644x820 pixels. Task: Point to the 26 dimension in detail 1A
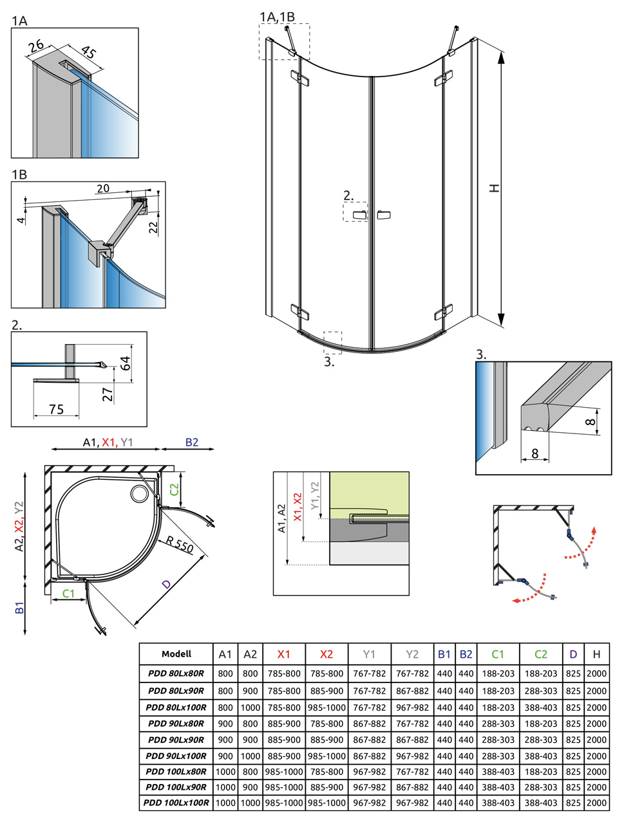click(x=37, y=45)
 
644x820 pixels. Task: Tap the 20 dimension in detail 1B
click(x=103, y=188)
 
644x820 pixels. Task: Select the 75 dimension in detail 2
click(x=56, y=409)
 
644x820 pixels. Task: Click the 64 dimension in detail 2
click(x=126, y=363)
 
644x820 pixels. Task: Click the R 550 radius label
click(x=180, y=544)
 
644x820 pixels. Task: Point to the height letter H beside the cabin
click(x=494, y=188)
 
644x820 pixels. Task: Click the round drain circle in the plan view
click(x=139, y=494)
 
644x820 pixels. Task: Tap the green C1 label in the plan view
click(x=68, y=594)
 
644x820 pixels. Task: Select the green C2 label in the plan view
click(x=174, y=489)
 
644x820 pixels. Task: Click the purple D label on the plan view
click(x=166, y=584)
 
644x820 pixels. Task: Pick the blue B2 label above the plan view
click(x=192, y=442)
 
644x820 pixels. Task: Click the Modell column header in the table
click(x=176, y=654)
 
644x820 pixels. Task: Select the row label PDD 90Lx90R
click(x=176, y=740)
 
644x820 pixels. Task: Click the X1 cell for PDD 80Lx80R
click(x=284, y=673)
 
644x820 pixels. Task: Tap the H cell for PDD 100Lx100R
click(x=596, y=803)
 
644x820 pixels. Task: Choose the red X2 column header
click(x=327, y=654)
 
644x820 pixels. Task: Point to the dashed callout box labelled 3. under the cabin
click(x=333, y=342)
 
